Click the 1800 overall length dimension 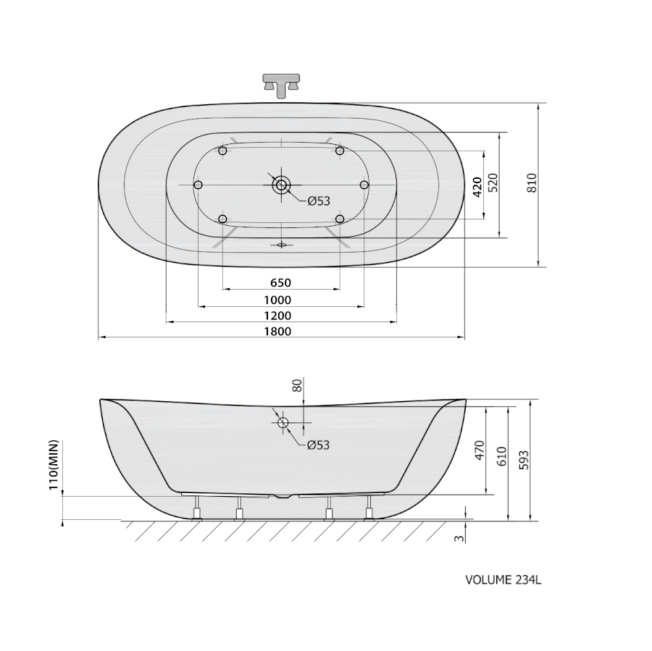click(x=277, y=332)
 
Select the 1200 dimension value click(x=277, y=316)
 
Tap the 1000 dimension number click(x=277, y=300)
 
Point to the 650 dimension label click(x=280, y=282)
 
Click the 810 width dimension click(x=532, y=183)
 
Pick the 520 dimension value click(x=493, y=183)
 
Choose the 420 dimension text click(x=477, y=187)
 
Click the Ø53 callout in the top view click(x=319, y=201)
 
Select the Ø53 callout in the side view click(x=319, y=445)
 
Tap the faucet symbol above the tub click(x=282, y=85)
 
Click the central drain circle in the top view click(x=282, y=185)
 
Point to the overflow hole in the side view click(x=283, y=423)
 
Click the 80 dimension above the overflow click(x=297, y=386)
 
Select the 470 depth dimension click(x=480, y=450)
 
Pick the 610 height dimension click(x=501, y=456)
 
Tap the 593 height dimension click(x=524, y=460)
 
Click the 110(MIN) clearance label click(x=54, y=465)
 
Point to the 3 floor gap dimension click(x=459, y=538)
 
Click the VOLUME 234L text click(x=503, y=580)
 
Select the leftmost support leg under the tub click(x=196, y=508)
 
